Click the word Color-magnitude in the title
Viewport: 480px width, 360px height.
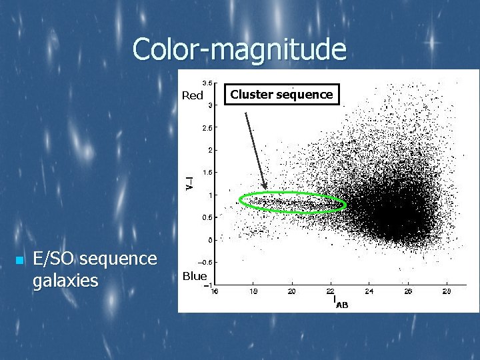[239, 50]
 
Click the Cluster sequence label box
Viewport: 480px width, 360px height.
[281, 94]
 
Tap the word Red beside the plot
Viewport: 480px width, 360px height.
[193, 95]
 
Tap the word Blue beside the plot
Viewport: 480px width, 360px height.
[195, 276]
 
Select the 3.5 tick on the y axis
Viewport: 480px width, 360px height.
[207, 83]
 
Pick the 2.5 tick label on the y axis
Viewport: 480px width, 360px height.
[207, 127]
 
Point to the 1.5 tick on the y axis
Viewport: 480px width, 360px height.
[207, 172]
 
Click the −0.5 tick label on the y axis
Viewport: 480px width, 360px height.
[206, 262]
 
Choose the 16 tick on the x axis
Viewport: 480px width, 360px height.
[215, 291]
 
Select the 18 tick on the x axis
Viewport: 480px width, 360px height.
[253, 291]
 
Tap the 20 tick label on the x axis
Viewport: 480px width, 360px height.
[292, 291]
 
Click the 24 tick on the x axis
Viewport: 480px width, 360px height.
[369, 291]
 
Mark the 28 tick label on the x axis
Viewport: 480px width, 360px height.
[446, 291]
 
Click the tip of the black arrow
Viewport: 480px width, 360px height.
[266, 189]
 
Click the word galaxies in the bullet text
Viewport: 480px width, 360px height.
[65, 281]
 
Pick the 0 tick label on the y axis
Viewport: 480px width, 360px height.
[210, 240]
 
